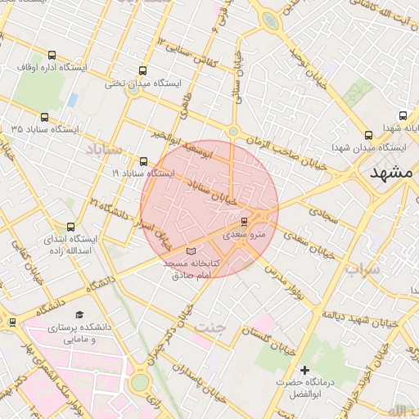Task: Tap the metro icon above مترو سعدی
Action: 244,221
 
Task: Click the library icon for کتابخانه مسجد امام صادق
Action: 191,250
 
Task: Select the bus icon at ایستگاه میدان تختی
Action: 144,70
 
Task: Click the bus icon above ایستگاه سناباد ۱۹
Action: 144,161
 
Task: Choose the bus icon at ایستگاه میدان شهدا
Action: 368,135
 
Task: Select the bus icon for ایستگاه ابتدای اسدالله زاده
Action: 70,226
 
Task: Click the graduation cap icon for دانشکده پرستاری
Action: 79,315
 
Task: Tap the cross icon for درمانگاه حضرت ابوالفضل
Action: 305,370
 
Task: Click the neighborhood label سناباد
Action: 102,150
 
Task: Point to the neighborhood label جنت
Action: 208,327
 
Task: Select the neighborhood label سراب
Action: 362,269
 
